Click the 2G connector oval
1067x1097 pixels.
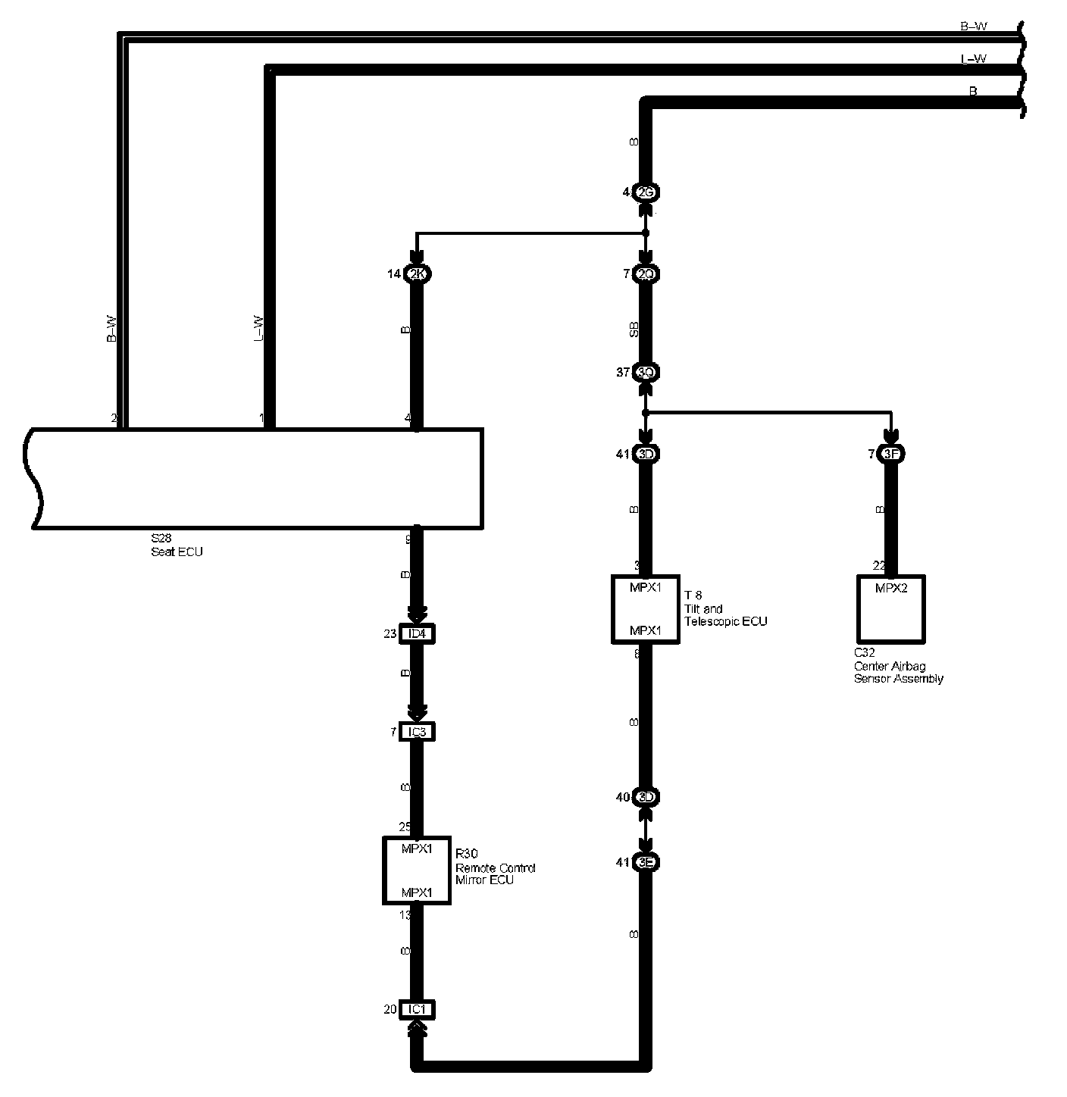(x=646, y=192)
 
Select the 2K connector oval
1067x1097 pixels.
(x=418, y=274)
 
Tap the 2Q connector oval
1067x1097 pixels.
(x=646, y=274)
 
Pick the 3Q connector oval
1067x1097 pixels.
(x=646, y=372)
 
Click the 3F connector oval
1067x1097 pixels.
(x=891, y=454)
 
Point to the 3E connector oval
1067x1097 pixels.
(x=646, y=862)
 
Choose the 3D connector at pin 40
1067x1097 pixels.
(x=646, y=797)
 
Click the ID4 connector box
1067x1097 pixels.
(x=417, y=633)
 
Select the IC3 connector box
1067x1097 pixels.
(x=417, y=732)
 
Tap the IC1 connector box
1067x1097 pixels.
(x=417, y=1009)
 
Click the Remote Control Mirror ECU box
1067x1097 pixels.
(x=417, y=870)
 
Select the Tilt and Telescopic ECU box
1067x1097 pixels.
(x=645, y=609)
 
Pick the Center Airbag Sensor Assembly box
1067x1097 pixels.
(x=891, y=608)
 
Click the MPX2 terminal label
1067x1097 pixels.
(x=891, y=588)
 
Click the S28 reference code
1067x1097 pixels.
(x=161, y=539)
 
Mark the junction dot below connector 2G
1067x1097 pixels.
(x=646, y=233)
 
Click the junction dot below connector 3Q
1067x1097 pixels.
(x=646, y=413)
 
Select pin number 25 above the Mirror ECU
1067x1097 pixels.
(x=405, y=827)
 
